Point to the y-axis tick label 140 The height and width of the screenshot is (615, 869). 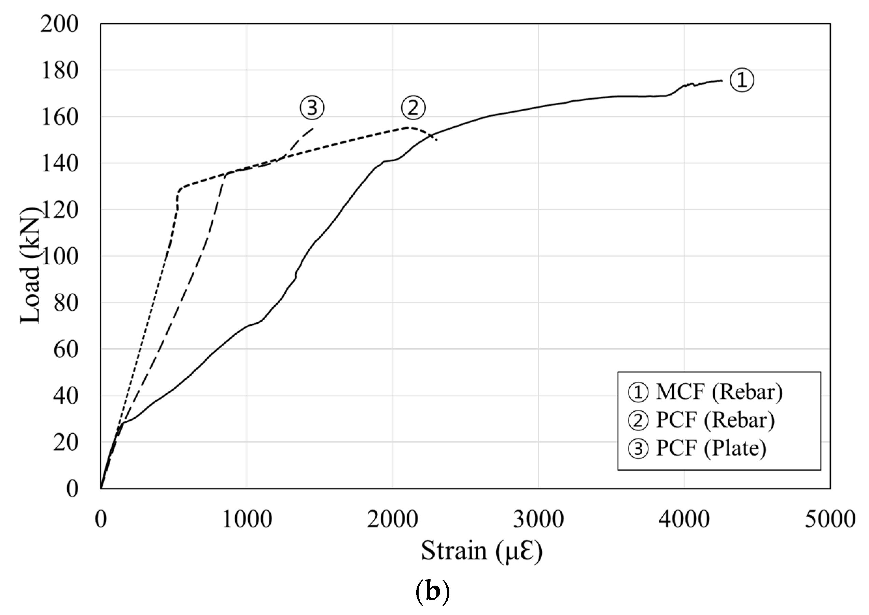(59, 164)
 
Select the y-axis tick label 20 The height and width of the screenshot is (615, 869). (66, 443)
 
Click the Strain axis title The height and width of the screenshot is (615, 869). (482, 551)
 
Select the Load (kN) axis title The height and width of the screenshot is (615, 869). (30, 265)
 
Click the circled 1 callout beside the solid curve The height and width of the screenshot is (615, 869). (741, 80)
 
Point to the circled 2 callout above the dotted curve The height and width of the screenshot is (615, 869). (413, 108)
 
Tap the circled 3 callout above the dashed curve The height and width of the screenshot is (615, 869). (312, 108)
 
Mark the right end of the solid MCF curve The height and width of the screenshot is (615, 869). (722, 80)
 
